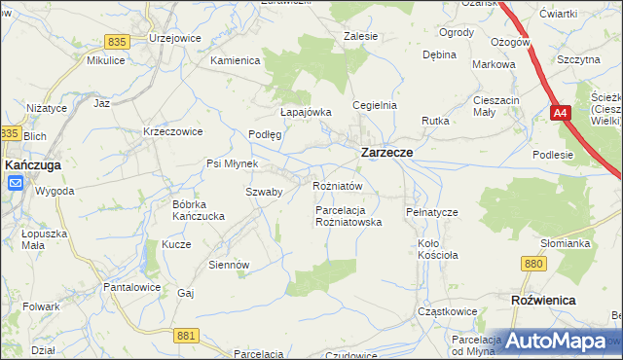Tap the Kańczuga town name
(35, 166)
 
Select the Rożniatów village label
(337, 186)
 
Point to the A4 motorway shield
(559, 115)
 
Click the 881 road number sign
(188, 335)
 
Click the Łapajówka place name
(307, 112)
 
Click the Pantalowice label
(131, 289)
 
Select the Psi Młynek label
(230, 162)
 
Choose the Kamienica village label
(236, 60)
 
